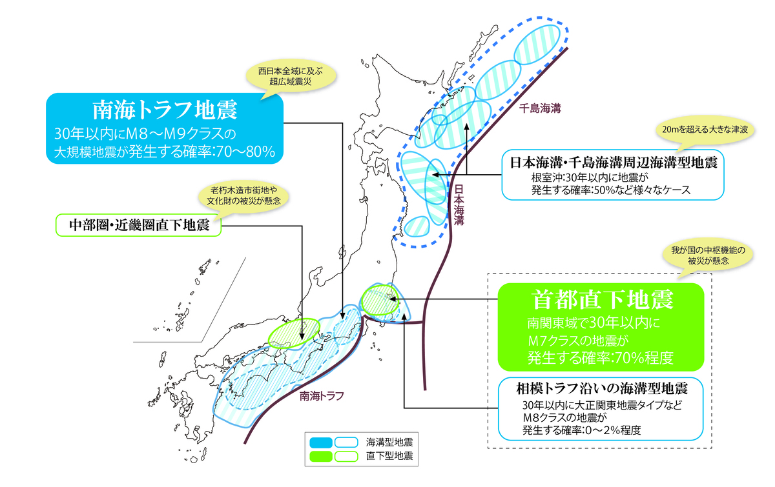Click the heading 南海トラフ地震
165,110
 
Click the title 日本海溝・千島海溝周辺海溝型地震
613,162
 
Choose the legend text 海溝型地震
389,442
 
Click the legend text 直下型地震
389,456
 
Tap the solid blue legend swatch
321,442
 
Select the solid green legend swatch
321,456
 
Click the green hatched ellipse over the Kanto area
377,300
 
